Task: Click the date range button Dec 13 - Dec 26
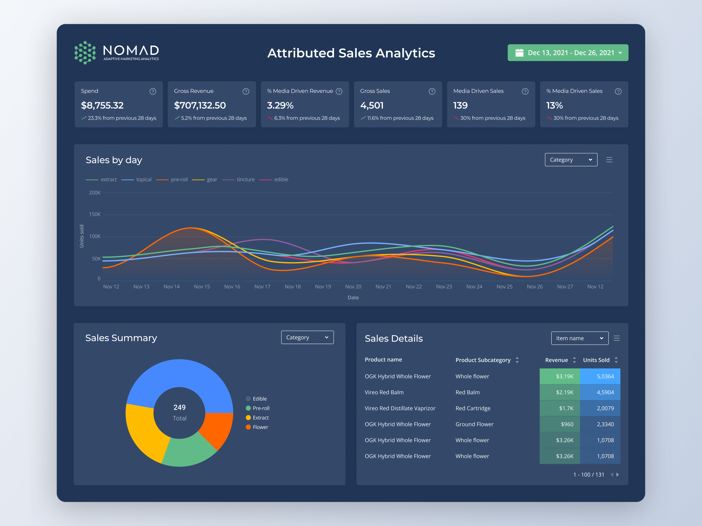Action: (x=568, y=53)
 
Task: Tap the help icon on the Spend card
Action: (x=153, y=91)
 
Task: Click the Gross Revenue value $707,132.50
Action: (x=200, y=105)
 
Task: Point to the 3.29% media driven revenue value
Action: (x=280, y=105)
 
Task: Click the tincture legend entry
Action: (x=245, y=179)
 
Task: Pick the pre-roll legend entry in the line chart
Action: (x=179, y=179)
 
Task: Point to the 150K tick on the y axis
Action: (x=95, y=214)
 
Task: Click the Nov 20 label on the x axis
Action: (x=353, y=287)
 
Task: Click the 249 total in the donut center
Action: (x=179, y=407)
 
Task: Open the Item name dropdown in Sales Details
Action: (x=580, y=338)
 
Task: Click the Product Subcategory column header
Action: (x=483, y=360)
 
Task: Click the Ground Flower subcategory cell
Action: (x=474, y=424)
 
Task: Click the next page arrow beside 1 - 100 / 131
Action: (x=618, y=475)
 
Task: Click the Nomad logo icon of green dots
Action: (x=85, y=53)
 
